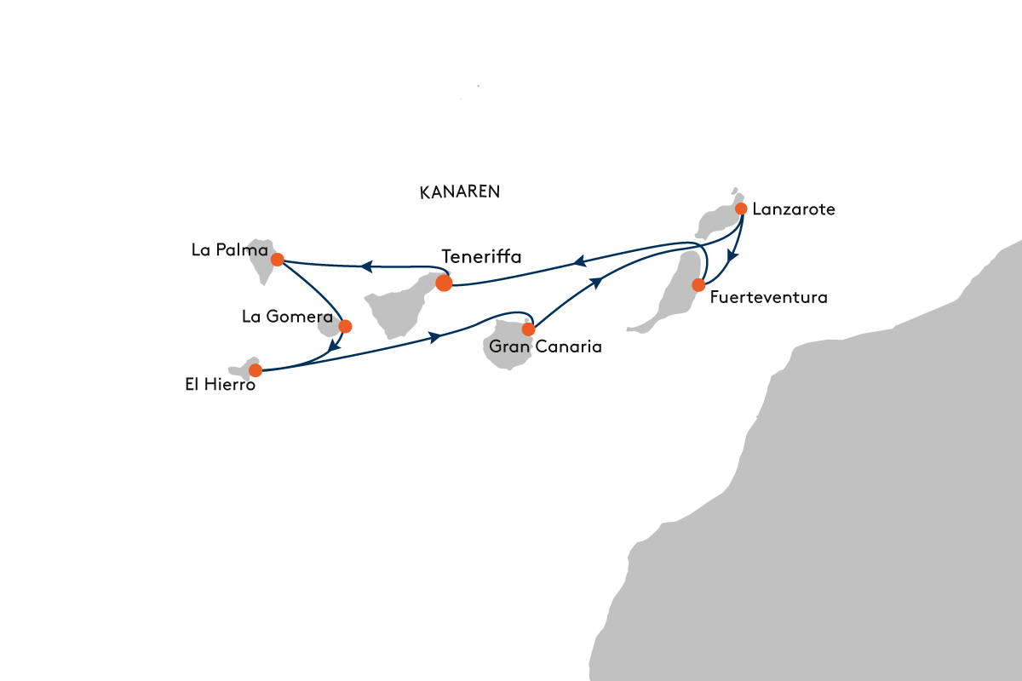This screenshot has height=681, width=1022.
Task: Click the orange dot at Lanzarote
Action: point(741,209)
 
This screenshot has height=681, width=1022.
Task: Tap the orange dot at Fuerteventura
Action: point(698,284)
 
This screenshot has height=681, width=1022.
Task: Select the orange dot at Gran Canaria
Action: point(528,329)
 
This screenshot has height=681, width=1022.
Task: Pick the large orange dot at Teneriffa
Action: point(444,283)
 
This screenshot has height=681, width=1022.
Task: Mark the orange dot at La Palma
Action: point(277,259)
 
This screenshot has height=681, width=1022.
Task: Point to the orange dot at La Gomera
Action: point(345,325)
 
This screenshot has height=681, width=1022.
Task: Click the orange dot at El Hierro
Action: point(255,370)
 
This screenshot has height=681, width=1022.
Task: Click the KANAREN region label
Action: point(460,192)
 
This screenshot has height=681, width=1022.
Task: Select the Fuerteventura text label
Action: point(768,298)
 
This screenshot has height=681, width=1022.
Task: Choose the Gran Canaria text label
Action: point(533,347)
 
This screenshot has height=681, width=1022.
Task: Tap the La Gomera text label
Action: point(286,317)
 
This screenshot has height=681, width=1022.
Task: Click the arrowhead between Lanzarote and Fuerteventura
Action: point(731,254)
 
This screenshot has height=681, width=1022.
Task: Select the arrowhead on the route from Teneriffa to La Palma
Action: point(365,266)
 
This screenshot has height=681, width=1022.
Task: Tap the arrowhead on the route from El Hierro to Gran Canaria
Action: point(435,338)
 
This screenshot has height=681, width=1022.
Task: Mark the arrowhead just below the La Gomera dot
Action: point(333,347)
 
